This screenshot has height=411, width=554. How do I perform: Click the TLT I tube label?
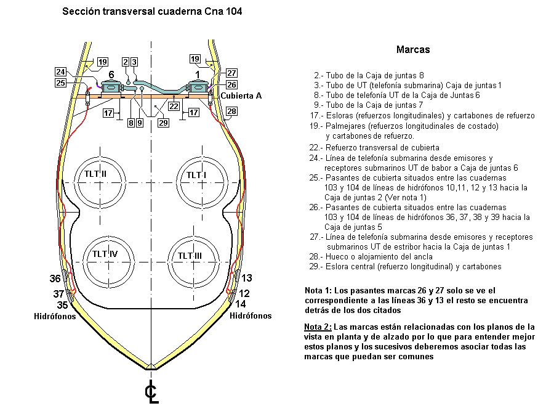[196, 175]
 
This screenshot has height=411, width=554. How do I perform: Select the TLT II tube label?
[95, 174]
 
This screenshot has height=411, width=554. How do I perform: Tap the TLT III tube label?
[190, 256]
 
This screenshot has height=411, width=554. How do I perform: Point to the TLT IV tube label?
[105, 254]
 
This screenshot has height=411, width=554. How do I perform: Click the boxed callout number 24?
[60, 72]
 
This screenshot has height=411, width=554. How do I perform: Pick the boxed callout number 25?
[60, 83]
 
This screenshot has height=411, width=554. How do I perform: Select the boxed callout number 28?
[231, 111]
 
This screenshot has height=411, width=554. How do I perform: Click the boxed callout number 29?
[163, 123]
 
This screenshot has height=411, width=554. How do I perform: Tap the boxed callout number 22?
[174, 106]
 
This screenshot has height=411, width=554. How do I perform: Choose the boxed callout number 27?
[231, 73]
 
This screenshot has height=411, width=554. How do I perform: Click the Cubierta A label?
[241, 96]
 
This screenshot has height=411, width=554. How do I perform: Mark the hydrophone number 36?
[55, 279]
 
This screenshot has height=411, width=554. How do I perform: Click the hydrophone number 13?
[247, 278]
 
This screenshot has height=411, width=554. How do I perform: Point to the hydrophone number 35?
[62, 305]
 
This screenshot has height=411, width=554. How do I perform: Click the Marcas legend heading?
[413, 49]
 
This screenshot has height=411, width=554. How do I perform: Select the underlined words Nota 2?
[318, 327]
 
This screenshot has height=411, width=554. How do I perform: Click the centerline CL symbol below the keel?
[151, 392]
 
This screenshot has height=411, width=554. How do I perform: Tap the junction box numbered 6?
[111, 87]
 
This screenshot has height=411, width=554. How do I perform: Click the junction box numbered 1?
[198, 87]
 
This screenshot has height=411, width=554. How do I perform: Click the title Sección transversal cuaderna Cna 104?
[152, 11]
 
